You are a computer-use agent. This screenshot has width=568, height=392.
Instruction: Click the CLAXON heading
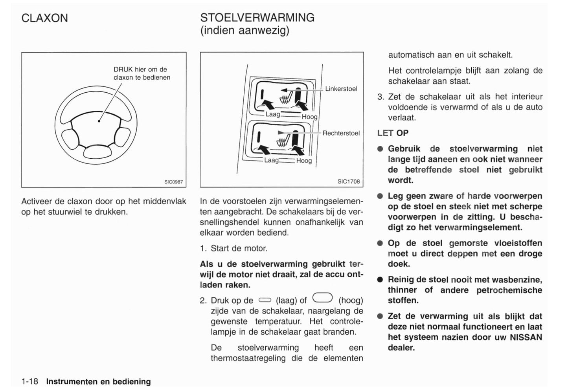pyautogui.click(x=44, y=18)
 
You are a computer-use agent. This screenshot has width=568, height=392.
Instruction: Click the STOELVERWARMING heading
pyautogui.click(x=257, y=18)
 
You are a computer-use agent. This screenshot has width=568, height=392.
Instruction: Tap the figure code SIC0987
pyautogui.click(x=173, y=182)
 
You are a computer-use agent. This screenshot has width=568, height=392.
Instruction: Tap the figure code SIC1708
pyautogui.click(x=348, y=181)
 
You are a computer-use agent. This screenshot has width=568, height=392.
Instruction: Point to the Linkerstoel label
pyautogui.click(x=341, y=89)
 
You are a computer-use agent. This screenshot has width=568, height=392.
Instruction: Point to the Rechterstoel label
pyautogui.click(x=341, y=133)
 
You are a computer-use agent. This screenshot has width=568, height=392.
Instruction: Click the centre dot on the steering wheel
pyautogui.click(x=99, y=121)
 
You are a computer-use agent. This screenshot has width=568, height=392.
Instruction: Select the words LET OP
pyautogui.click(x=392, y=133)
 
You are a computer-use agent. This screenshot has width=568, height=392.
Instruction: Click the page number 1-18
pyautogui.click(x=29, y=381)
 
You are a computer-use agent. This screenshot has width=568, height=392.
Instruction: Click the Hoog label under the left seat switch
pyautogui.click(x=309, y=117)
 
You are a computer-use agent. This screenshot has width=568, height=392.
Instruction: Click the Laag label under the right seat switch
pyautogui.click(x=271, y=160)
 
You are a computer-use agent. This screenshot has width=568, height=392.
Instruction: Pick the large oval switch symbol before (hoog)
pyautogui.click(x=322, y=299)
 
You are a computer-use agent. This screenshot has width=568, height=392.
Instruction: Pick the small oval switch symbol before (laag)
pyautogui.click(x=265, y=300)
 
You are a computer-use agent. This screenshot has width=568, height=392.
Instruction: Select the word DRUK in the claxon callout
pyautogui.click(x=123, y=70)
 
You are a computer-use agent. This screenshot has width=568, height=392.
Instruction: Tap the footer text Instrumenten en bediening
pyautogui.click(x=98, y=381)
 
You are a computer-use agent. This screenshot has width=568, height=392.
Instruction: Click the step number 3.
pyautogui.click(x=380, y=97)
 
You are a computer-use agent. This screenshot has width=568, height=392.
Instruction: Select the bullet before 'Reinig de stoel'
pyautogui.click(x=380, y=280)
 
